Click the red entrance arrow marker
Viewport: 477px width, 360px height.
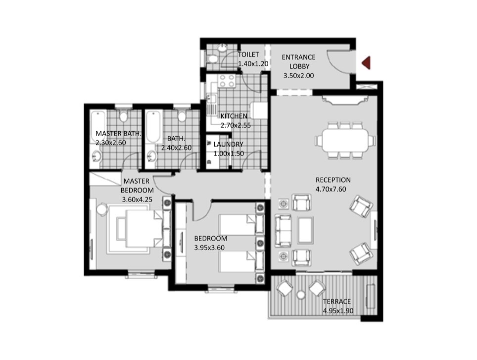tap(366, 63)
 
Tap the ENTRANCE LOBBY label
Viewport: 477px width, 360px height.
tap(298, 62)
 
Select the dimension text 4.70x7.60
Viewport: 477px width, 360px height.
tap(331, 189)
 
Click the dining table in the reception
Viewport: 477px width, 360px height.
tap(345, 140)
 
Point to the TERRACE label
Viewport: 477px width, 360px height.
tap(337, 302)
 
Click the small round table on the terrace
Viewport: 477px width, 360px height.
tap(300, 295)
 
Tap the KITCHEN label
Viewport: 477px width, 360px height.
tap(234, 116)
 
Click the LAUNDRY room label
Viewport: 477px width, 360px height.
tap(228, 144)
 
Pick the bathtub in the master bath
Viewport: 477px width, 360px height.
tap(98, 127)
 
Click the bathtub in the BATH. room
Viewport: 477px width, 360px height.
tap(153, 127)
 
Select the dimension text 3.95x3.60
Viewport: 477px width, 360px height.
tap(209, 248)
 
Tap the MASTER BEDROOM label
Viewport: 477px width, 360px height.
tap(137, 186)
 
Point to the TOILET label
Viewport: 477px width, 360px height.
tap(248, 54)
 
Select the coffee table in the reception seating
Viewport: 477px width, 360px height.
tap(305, 230)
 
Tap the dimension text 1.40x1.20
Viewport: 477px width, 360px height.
tap(253, 64)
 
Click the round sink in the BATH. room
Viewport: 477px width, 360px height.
tap(151, 157)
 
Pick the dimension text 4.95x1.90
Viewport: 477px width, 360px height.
tap(338, 311)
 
